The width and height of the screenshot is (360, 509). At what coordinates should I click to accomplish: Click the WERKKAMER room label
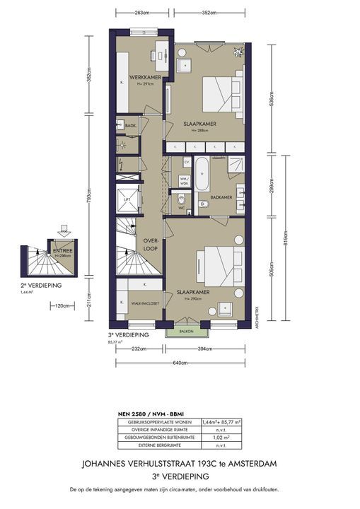(145, 76)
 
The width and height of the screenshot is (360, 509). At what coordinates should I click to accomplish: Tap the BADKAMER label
(221, 197)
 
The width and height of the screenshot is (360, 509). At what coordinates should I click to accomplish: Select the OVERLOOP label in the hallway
(151, 244)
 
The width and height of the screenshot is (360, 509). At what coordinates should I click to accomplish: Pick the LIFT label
(127, 200)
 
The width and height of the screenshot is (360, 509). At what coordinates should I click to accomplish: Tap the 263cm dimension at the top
(142, 13)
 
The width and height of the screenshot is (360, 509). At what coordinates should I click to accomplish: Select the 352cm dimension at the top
(207, 13)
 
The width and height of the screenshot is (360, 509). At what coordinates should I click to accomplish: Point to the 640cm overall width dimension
(181, 363)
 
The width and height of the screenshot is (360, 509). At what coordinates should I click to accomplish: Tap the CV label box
(187, 162)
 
